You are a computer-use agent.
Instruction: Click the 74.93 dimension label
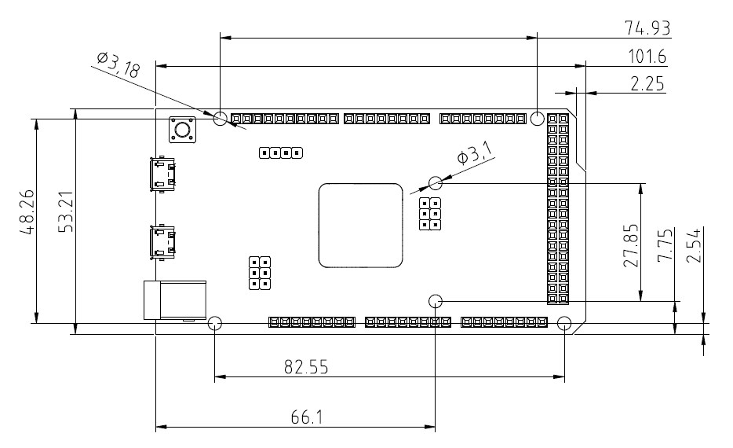[647, 28]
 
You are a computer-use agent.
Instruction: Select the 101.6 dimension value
[647, 57]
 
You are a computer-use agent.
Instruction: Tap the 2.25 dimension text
[648, 84]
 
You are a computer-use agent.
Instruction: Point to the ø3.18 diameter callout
[118, 64]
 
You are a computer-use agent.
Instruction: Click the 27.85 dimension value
[631, 246]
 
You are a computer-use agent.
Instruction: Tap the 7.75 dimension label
[664, 246]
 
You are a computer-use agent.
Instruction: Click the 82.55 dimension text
[306, 366]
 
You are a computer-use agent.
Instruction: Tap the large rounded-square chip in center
[360, 225]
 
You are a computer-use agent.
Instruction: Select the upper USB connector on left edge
[163, 174]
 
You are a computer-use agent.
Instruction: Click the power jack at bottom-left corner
[175, 299]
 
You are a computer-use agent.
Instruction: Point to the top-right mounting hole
[537, 119]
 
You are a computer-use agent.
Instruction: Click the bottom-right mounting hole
[564, 323]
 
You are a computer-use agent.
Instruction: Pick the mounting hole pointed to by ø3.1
[436, 184]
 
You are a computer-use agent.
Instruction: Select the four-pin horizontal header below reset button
[281, 152]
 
